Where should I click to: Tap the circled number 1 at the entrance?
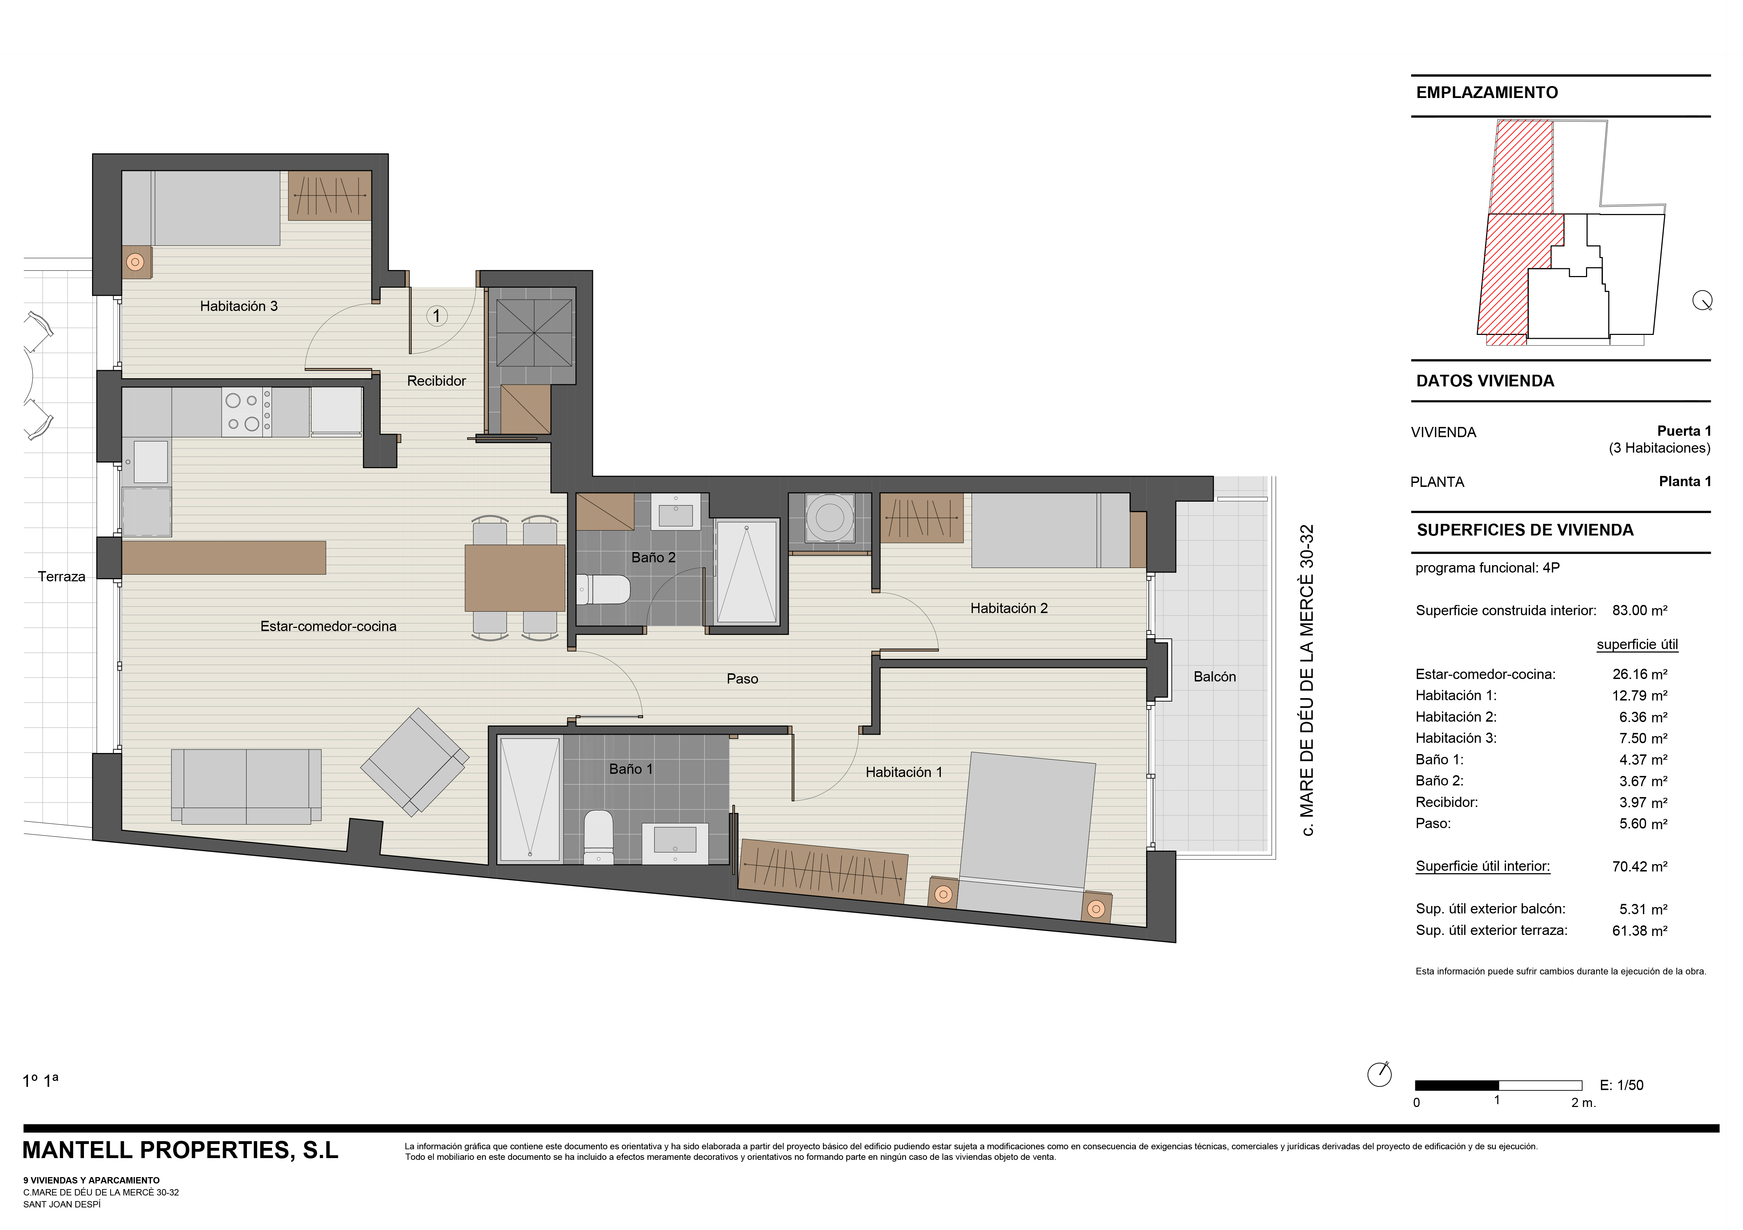coord(436,315)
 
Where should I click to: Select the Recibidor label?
coord(436,381)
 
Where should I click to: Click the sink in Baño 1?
coord(675,843)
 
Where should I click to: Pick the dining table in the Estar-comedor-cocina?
coord(515,577)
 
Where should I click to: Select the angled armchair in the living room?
coord(414,762)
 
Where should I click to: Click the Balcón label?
coord(1215,677)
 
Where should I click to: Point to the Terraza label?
coord(61,577)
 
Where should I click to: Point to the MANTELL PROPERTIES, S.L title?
coord(181,1150)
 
